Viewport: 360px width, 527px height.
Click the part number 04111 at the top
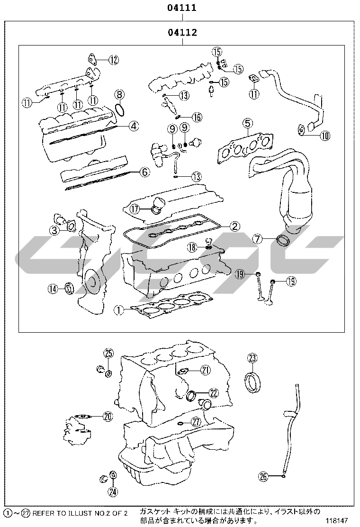click(182, 8)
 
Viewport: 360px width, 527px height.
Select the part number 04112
click(182, 32)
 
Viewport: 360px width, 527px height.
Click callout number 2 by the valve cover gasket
click(234, 226)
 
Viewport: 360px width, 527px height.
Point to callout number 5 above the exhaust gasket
click(247, 123)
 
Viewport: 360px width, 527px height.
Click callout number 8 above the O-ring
click(119, 95)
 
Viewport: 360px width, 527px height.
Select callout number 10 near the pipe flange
click(325, 136)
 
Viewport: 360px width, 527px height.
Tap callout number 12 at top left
click(114, 60)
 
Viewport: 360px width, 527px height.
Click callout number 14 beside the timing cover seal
click(53, 288)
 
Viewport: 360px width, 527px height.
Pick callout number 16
click(197, 117)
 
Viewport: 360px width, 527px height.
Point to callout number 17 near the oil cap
click(135, 209)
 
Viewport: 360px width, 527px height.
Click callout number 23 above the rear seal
click(252, 358)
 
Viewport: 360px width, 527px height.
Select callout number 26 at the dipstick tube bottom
click(264, 476)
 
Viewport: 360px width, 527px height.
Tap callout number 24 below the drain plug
click(113, 492)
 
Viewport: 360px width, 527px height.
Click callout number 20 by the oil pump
click(108, 417)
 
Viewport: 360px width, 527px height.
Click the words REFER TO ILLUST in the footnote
click(58, 513)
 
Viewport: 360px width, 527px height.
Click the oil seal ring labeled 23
click(252, 382)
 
